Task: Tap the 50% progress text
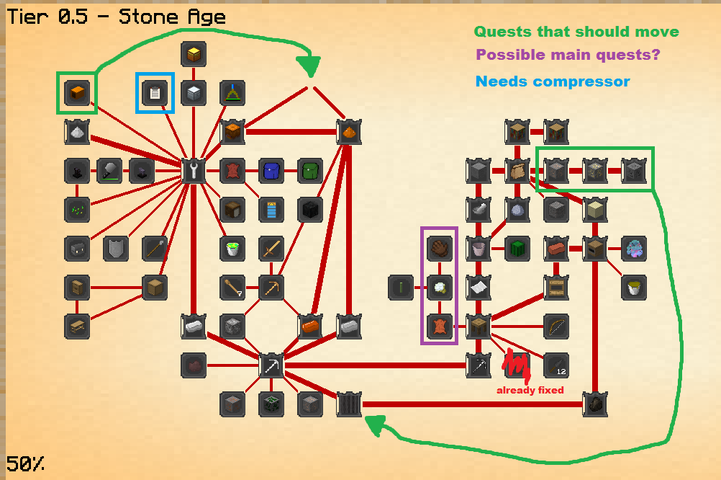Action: [26, 463]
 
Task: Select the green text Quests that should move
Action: [576, 32]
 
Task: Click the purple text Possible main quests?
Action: [568, 55]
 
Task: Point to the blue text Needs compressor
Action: [552, 81]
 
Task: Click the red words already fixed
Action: [530, 390]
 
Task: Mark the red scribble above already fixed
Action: [517, 365]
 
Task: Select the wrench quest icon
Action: [194, 171]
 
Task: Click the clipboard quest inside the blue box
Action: [155, 92]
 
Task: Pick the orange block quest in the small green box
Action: [77, 92]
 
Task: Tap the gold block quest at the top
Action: [194, 53]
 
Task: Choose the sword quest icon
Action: [271, 249]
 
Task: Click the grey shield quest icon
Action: [116, 249]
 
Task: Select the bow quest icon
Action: [556, 326]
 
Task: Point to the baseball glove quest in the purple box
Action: [439, 249]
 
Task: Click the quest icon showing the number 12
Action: [556, 365]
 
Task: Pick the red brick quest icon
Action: [556, 249]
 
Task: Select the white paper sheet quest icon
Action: [478, 288]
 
